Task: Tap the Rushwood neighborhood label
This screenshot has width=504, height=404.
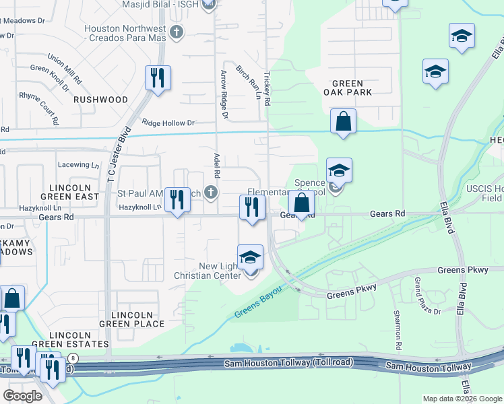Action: (101, 100)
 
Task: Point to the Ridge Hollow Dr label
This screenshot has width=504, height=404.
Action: (168, 123)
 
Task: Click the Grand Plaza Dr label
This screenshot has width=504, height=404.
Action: (427, 296)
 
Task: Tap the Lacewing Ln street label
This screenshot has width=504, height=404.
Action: (74, 165)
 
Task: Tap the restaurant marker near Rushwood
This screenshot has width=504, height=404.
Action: (158, 78)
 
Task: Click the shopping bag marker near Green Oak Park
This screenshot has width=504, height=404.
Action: (343, 122)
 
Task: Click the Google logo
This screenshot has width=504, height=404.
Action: (22, 396)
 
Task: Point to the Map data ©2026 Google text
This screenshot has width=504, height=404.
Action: (462, 399)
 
